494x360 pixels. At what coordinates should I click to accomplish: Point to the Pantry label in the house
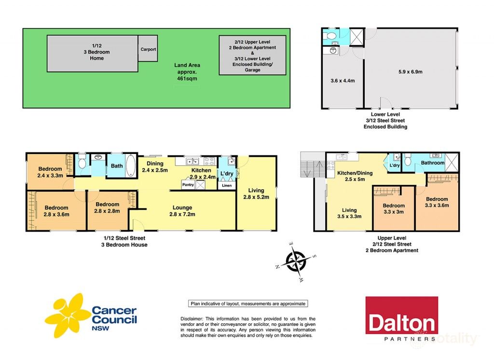coord(188,184)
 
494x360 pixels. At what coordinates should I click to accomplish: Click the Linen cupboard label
coord(226,185)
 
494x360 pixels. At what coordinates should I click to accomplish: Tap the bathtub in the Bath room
coord(131,166)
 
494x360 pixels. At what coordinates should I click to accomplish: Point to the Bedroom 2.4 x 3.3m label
coord(50,172)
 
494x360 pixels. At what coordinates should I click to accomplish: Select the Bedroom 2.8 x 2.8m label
coord(107,208)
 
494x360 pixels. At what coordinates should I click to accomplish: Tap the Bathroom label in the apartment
coord(432,163)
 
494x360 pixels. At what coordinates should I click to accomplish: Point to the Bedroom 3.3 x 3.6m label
coord(437,202)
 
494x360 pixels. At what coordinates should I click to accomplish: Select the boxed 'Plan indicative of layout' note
coord(247,304)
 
